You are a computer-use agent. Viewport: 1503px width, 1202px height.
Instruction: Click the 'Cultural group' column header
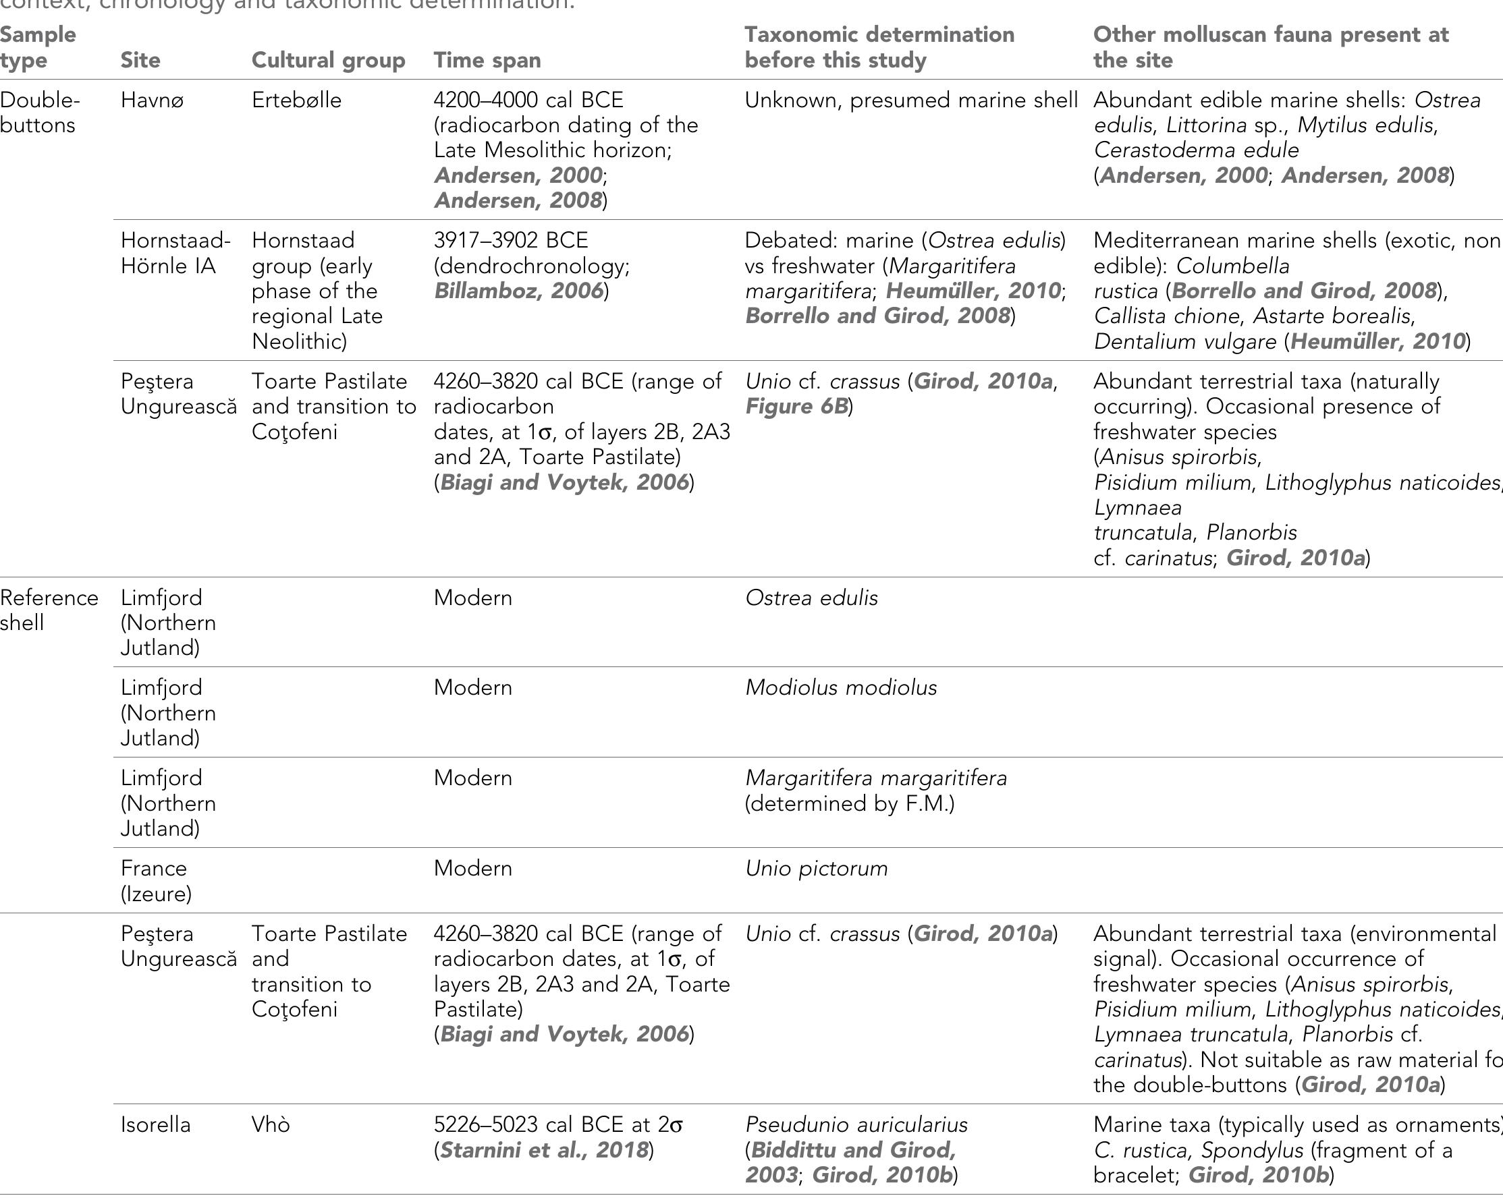329,60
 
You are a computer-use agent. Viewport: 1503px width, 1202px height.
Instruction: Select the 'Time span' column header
487,60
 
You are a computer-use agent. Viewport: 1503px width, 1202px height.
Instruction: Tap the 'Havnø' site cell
146,101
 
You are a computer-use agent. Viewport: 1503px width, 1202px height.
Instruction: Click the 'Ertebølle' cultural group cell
296,101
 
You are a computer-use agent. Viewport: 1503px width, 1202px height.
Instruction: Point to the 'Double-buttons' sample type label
40,113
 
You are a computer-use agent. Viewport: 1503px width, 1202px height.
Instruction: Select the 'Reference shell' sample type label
49,610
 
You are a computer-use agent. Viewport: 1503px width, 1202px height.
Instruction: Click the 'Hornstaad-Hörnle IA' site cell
175,253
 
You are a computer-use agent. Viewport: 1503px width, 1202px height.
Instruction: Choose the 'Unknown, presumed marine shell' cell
910,101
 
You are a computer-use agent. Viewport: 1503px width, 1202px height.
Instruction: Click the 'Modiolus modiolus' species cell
841,688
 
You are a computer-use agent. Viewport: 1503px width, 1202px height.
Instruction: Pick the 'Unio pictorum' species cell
817,868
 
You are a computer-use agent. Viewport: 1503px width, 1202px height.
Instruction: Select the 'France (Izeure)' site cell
156,881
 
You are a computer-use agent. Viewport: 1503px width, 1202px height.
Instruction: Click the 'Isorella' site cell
155,1124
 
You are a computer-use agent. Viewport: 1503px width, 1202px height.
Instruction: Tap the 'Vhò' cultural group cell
271,1124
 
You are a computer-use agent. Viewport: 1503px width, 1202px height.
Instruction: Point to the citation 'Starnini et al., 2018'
544,1150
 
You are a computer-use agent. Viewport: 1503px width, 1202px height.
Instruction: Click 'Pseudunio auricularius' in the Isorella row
856,1124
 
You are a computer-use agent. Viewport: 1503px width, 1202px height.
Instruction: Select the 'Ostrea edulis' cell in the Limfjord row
811,598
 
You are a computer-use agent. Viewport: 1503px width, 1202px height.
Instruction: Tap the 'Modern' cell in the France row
472,868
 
